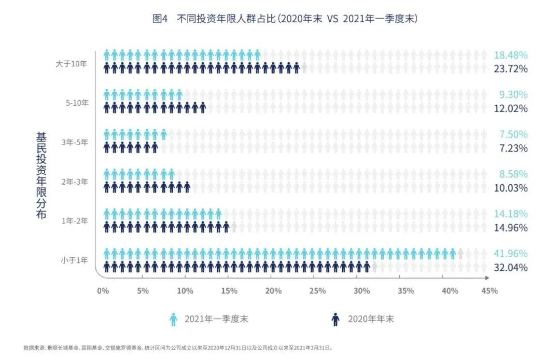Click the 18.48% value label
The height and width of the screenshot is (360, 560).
[x=511, y=55]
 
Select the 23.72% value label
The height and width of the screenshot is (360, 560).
[x=511, y=68]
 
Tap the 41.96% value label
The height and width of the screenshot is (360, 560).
[x=511, y=254]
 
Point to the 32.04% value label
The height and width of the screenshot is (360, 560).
[x=511, y=268]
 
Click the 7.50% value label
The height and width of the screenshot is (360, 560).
[x=513, y=134]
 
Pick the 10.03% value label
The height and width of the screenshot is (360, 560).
[x=511, y=188]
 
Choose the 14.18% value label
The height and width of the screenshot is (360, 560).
[x=511, y=214]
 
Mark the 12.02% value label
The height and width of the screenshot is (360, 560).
[x=511, y=108]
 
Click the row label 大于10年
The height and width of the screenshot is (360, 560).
[x=73, y=63]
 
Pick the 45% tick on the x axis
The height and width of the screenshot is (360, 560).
[x=489, y=291]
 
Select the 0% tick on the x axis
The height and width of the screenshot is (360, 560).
[x=103, y=291]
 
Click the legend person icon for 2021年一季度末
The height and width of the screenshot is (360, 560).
[x=174, y=319]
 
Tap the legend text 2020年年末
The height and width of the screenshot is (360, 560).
[x=371, y=319]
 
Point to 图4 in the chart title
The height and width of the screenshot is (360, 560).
[x=160, y=19]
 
